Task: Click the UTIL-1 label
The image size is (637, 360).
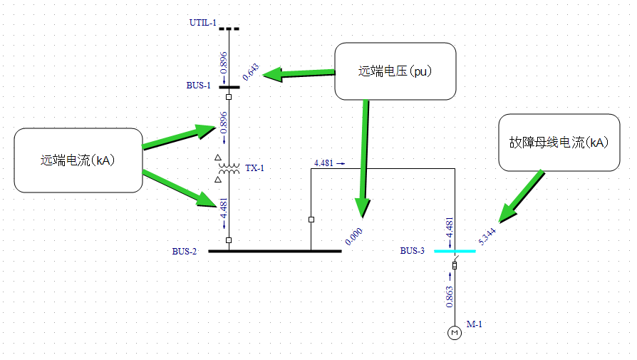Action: click(x=202, y=23)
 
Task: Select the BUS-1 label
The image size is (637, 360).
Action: click(x=199, y=86)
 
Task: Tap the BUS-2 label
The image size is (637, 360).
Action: click(x=184, y=251)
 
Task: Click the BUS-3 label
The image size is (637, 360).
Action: click(x=412, y=251)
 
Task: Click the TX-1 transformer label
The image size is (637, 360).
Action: click(x=254, y=168)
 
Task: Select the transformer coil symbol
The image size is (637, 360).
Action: click(x=229, y=169)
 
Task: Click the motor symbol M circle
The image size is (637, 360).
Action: click(x=455, y=332)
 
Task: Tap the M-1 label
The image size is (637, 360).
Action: click(x=475, y=324)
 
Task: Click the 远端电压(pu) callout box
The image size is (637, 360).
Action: click(x=395, y=71)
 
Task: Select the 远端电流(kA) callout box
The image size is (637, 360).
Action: click(x=78, y=160)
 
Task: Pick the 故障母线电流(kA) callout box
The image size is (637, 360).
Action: click(x=559, y=142)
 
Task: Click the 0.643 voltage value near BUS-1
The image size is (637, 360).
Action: click(x=251, y=72)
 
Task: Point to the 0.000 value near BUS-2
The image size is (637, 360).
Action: click(x=353, y=237)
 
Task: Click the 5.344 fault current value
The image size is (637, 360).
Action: click(x=487, y=236)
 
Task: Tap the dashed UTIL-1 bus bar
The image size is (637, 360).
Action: click(x=229, y=29)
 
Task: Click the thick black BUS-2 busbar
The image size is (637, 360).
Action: click(x=274, y=251)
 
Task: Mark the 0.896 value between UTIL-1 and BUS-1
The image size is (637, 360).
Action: click(x=224, y=62)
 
